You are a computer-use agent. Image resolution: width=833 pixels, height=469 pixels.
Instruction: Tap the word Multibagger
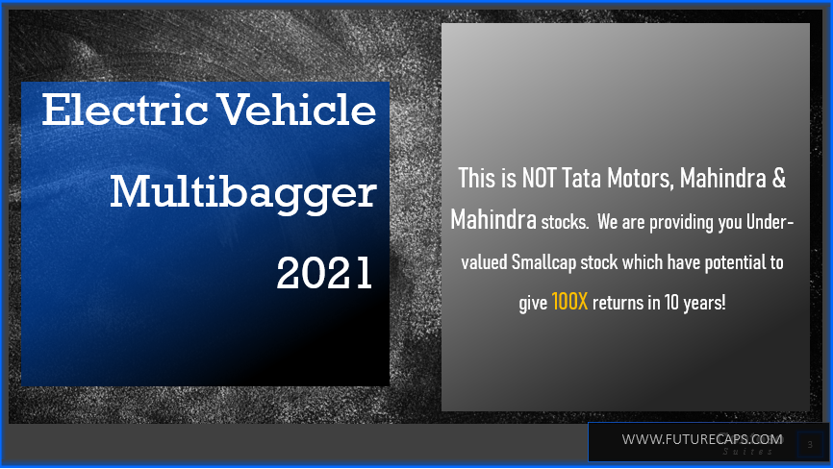242,193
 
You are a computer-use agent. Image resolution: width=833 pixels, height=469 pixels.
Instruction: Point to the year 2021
324,274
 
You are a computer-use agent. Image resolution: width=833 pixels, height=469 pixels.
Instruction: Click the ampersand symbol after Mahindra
780,178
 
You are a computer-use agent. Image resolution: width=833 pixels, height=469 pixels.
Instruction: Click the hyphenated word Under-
769,222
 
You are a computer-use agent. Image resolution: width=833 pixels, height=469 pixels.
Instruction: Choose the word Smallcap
554,262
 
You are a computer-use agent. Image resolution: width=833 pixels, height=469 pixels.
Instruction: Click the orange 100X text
569,302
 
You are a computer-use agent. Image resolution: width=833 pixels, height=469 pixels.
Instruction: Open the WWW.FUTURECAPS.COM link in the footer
701,439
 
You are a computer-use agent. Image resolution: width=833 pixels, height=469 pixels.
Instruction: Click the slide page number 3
810,444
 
